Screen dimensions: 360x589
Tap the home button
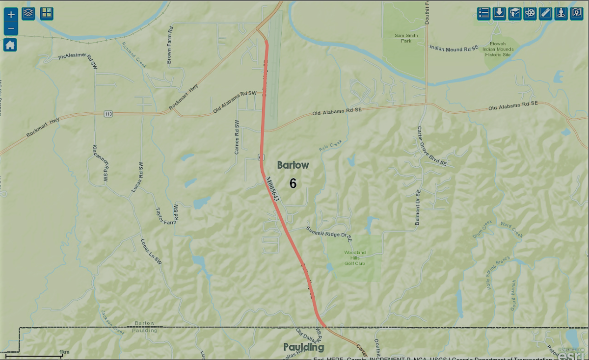10,45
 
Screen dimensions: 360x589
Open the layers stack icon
28,13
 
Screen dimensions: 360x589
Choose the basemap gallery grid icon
47,13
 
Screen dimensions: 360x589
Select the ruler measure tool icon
545,13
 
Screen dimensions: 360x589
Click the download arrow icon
500,13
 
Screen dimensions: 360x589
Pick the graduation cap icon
514,13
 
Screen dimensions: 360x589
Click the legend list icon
484,13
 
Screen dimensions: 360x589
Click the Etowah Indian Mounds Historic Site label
498,49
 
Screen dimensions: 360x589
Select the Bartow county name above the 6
293,165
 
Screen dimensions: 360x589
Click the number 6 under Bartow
293,183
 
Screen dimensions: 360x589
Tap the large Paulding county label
304,347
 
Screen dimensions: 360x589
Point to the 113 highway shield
108,114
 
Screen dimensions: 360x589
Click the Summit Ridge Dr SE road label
329,234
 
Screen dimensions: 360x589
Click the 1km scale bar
41,355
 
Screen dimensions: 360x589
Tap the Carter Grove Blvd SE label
432,147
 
